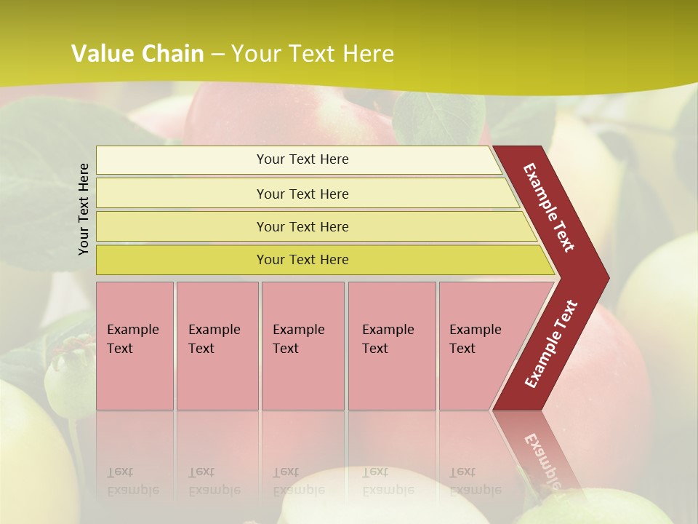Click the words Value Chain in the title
click(137, 54)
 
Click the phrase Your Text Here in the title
click(313, 54)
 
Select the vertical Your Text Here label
click(84, 209)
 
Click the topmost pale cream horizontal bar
click(302, 159)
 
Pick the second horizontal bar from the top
click(302, 194)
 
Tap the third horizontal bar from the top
click(302, 226)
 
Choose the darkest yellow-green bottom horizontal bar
click(302, 260)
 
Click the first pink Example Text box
click(135, 345)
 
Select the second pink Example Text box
click(217, 345)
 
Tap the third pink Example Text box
click(302, 345)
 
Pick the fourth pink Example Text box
click(391, 345)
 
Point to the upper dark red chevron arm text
click(549, 207)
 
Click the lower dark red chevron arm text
click(551, 344)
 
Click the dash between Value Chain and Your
click(217, 55)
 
